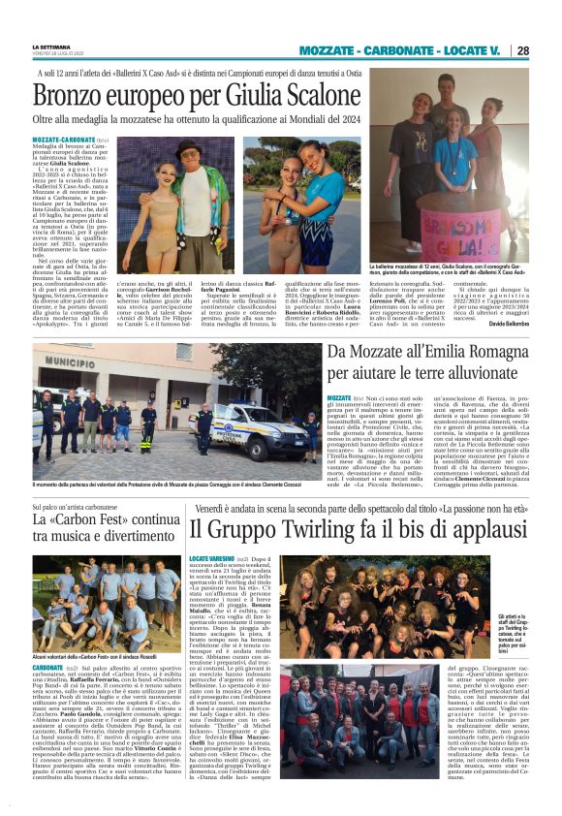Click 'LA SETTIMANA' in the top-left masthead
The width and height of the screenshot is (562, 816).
(x=51, y=46)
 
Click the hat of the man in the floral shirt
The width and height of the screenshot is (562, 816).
(x=187, y=146)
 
